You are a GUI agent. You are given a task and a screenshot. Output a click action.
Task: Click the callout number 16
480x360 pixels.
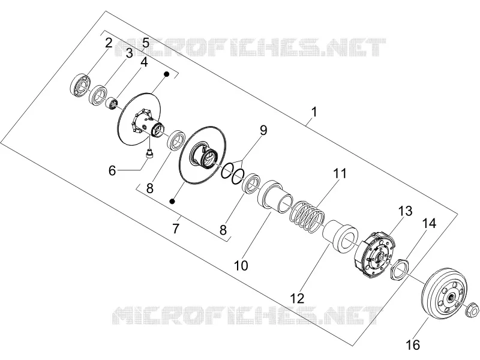412,344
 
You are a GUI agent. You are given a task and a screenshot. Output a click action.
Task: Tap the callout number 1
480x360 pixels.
314,112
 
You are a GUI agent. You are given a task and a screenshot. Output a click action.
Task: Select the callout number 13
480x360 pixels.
405,211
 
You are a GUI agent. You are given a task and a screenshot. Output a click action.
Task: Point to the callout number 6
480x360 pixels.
112,170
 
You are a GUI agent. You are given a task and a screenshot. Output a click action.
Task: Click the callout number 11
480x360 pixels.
340,173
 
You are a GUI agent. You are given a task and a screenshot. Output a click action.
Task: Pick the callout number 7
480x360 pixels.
175,229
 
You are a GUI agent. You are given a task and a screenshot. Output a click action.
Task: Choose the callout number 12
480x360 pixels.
297,298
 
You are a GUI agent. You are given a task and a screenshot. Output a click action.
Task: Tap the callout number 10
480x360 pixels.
241,265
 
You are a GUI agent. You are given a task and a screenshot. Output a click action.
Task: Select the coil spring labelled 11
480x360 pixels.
307,217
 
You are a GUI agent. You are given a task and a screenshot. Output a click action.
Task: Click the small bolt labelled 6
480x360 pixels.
149,153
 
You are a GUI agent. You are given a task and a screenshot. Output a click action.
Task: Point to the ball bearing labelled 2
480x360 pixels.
80,85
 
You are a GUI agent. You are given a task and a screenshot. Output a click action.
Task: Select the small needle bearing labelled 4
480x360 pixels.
112,103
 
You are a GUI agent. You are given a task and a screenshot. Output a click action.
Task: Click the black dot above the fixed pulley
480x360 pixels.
166,74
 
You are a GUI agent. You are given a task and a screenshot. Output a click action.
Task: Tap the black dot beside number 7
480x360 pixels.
172,201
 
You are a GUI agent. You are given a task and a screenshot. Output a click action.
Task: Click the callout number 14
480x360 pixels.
429,223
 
